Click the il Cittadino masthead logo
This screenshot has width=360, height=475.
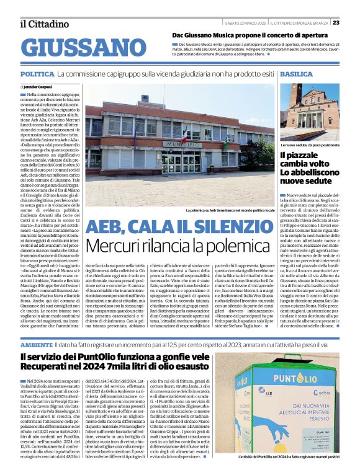(43, 24)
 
